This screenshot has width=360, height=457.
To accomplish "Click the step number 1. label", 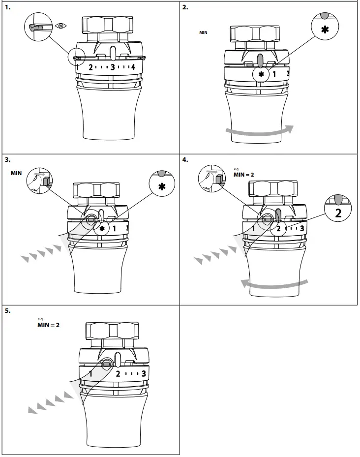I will pyautogui.click(x=8, y=7).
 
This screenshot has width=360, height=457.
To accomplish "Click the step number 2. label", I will pyautogui.click(x=185, y=7).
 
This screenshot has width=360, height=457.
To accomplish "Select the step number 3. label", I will pyautogui.click(x=8, y=159).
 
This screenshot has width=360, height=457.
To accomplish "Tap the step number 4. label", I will pyautogui.click(x=185, y=159).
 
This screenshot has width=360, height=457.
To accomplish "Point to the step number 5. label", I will pyautogui.click(x=8, y=311).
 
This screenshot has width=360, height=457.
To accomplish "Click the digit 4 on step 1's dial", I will pyautogui.click(x=133, y=67).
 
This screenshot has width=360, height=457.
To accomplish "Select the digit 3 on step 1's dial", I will pyautogui.click(x=113, y=67).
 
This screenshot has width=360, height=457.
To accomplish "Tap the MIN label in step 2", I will pyautogui.click(x=203, y=32).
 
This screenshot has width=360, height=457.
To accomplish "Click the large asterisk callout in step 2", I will pyautogui.click(x=325, y=29).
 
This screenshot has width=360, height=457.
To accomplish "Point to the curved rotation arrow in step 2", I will pyautogui.click(x=259, y=130).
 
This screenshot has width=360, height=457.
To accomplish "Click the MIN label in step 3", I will pyautogui.click(x=17, y=174).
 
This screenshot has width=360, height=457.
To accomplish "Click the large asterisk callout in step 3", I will pyautogui.click(x=162, y=187).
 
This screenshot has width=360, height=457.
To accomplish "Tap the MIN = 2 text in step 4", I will pyautogui.click(x=243, y=174).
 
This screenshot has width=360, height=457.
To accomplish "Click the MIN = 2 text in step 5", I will pyautogui.click(x=48, y=325).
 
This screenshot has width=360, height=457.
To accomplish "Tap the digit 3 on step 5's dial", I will pyautogui.click(x=143, y=373).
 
